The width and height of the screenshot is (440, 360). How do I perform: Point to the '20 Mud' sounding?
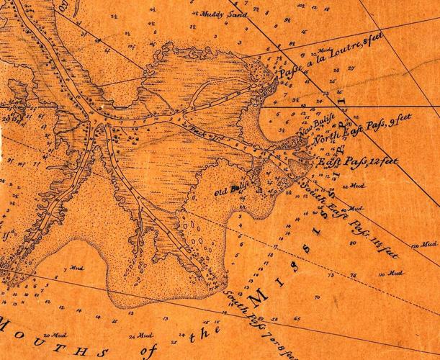point(54,336)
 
